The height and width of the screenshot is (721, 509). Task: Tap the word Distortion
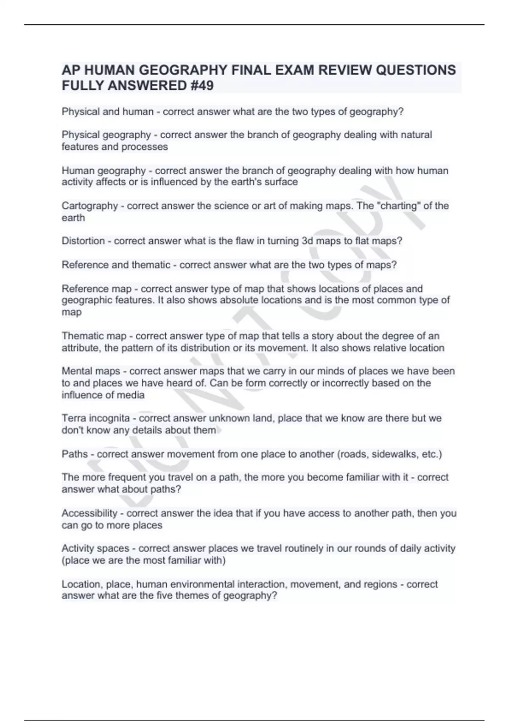(x=83, y=241)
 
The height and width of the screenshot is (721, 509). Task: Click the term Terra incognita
(x=95, y=418)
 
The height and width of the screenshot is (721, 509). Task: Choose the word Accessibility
(x=89, y=513)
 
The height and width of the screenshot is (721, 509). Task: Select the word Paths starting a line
(x=75, y=454)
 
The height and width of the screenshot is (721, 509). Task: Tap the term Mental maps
(x=91, y=371)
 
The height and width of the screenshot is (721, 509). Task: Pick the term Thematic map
(x=94, y=336)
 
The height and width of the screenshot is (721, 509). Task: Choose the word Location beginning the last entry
(x=81, y=584)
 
